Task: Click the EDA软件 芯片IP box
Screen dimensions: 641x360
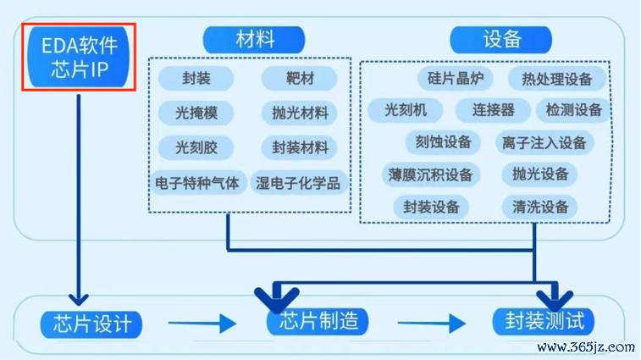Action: pos(79,57)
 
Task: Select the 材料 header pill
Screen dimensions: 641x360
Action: pos(254,40)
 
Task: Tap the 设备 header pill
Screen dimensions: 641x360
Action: pos(500,40)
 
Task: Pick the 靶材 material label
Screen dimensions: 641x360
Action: pos(299,78)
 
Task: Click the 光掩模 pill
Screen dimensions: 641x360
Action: pos(196,113)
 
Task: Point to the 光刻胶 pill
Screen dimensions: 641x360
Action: pos(196,147)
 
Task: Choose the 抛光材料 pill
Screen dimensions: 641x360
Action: pos(299,113)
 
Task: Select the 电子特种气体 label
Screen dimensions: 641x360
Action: pos(197,182)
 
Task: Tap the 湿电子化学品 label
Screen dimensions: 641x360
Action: pos(298,182)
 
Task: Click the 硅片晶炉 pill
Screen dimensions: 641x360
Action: pos(455,78)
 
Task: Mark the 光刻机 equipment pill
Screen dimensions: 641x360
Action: pos(405,110)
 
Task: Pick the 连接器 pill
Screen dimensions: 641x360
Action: pos(493,110)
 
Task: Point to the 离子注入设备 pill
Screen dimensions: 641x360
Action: pos(544,143)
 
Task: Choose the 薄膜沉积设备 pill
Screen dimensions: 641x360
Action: pos(431,174)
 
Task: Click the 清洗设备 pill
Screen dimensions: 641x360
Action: pos(539,207)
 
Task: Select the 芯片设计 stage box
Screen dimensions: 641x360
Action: pos(91,324)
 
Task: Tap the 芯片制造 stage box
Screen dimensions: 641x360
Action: pos(318,322)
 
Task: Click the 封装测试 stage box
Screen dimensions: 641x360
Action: pos(544,322)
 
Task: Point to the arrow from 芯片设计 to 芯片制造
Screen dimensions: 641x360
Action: pos(202,324)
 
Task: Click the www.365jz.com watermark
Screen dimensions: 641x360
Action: pos(586,348)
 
